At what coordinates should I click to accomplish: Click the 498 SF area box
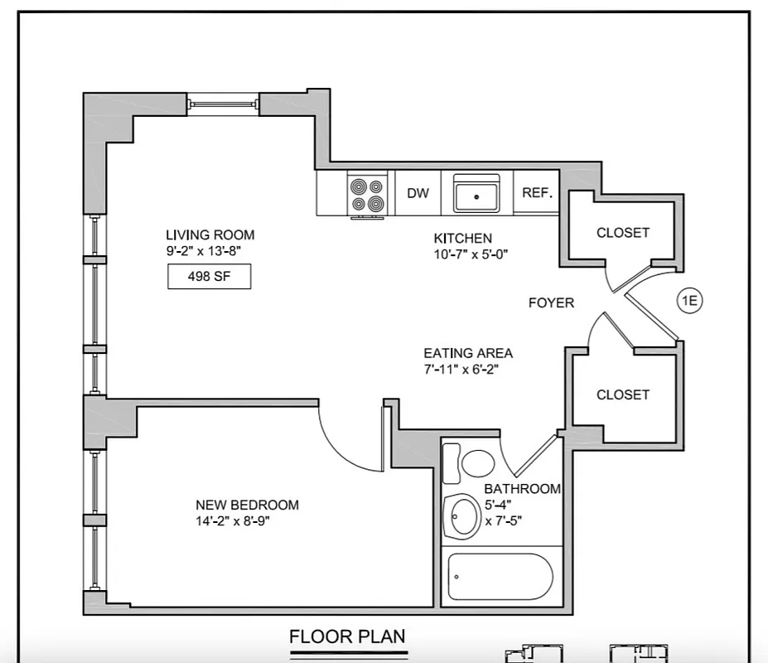point(209,277)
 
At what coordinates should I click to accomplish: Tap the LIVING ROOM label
point(210,235)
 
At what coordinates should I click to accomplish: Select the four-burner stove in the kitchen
point(368,196)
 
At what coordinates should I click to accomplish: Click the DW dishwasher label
point(418,193)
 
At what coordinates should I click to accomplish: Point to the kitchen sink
point(476,195)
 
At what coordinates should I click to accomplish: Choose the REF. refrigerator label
point(537,193)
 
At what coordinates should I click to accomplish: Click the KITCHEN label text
point(463,238)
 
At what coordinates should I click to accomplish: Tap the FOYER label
point(551,303)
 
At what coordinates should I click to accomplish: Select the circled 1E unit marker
point(690,301)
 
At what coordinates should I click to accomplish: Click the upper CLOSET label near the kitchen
point(623,233)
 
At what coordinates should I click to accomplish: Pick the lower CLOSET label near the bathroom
point(623,394)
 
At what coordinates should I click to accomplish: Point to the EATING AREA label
point(468,352)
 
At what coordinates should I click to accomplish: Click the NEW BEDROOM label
point(247,505)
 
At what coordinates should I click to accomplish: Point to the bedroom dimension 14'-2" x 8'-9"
point(233,521)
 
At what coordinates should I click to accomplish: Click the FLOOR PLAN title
point(347,636)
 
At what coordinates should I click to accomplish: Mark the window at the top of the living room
point(222,104)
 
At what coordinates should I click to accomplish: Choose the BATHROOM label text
point(522,489)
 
